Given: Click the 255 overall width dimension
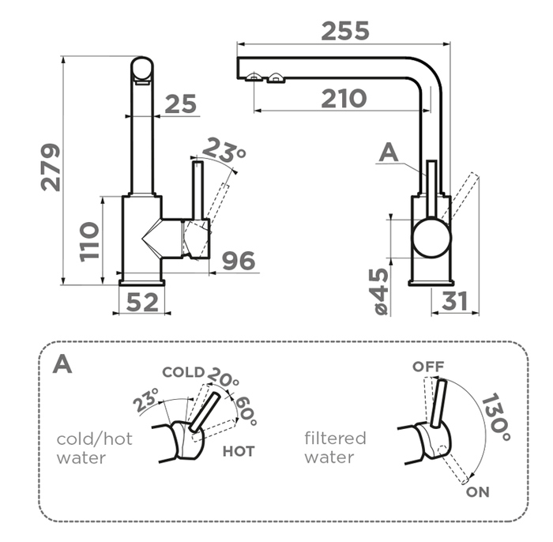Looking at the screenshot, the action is pyautogui.click(x=345, y=31).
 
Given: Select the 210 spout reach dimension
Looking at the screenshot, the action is pyautogui.click(x=344, y=99).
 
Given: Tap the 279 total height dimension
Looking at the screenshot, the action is pyautogui.click(x=51, y=167).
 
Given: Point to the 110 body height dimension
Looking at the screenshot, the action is pyautogui.click(x=88, y=242).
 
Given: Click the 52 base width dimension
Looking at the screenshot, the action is pyautogui.click(x=142, y=302).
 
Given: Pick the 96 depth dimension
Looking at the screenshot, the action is pyautogui.click(x=239, y=261).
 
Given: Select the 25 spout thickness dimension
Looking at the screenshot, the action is pyautogui.click(x=181, y=104).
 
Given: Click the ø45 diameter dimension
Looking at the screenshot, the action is pyautogui.click(x=382, y=291).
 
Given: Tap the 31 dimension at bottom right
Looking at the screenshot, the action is pyautogui.click(x=454, y=301).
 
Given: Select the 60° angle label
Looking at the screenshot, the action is pyautogui.click(x=246, y=411).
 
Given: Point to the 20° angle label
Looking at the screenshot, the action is pyautogui.click(x=223, y=378).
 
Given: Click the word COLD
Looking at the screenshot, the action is pyautogui.click(x=183, y=372).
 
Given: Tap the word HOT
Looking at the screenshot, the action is pyautogui.click(x=239, y=451).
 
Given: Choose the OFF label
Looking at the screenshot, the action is pyautogui.click(x=428, y=367).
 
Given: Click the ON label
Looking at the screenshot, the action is pyautogui.click(x=477, y=492).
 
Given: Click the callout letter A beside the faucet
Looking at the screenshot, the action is pyautogui.click(x=389, y=153).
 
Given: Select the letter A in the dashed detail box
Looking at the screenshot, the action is pyautogui.click(x=62, y=363).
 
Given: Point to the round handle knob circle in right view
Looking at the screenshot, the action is pyautogui.click(x=431, y=238).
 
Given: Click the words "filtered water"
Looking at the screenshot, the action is pyautogui.click(x=335, y=448).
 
